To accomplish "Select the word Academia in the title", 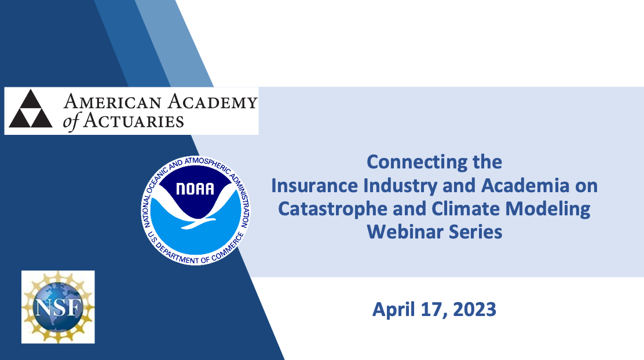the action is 525,186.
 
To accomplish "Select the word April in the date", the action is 393,310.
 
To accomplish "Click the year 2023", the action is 474,309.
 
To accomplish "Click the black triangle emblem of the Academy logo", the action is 31,109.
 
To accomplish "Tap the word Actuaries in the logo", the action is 134,121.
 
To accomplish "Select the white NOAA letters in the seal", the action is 195,189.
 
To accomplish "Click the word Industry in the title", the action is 400,186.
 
